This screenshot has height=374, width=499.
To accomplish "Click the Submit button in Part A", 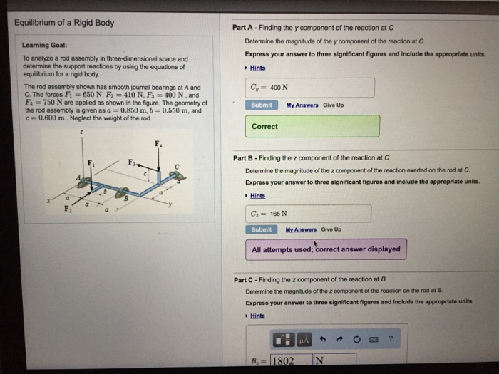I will [x=262, y=105].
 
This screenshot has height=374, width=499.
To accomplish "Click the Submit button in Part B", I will [x=262, y=229].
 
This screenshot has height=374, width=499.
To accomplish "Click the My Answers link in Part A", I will [x=302, y=105].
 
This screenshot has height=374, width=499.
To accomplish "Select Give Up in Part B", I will [x=331, y=229].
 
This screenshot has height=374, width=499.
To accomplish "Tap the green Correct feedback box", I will [x=314, y=127].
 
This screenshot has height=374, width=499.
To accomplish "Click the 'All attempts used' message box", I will [x=326, y=250].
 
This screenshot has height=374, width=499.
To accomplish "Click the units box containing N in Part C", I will [x=334, y=360].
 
